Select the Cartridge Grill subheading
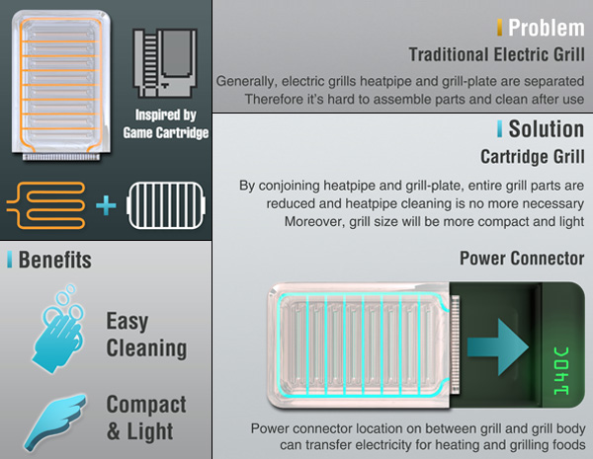(x=532, y=156)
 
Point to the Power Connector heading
(x=521, y=259)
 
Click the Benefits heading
(x=55, y=261)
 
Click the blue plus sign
(x=106, y=205)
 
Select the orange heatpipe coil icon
(x=47, y=205)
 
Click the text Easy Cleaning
(x=146, y=335)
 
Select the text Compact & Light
(x=146, y=418)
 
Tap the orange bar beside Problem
(x=499, y=27)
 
